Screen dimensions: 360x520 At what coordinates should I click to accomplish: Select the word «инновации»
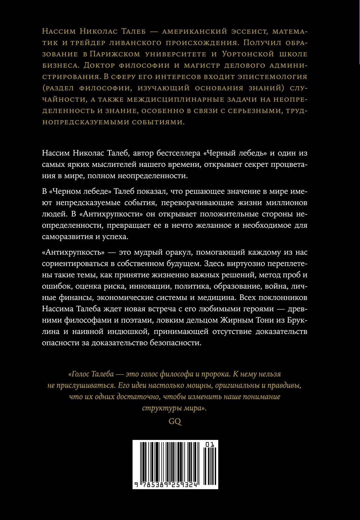coord(150,286)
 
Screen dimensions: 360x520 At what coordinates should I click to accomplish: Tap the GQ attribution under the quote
coord(175,421)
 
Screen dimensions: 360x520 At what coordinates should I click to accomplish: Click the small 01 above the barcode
coord(210,444)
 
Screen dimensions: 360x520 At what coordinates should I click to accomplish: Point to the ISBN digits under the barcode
coord(165,485)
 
